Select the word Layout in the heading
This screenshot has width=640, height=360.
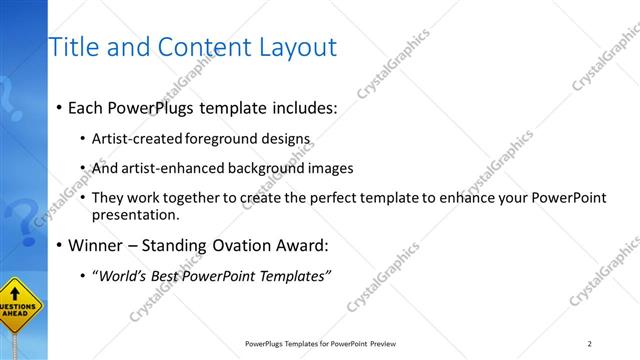tap(294, 47)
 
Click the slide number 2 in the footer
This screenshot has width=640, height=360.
tap(589, 344)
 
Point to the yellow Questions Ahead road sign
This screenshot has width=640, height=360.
tap(19, 312)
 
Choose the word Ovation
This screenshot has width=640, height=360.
tap(222, 245)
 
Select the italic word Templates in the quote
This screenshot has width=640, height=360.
tap(293, 276)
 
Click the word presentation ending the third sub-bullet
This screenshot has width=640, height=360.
tap(135, 214)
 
